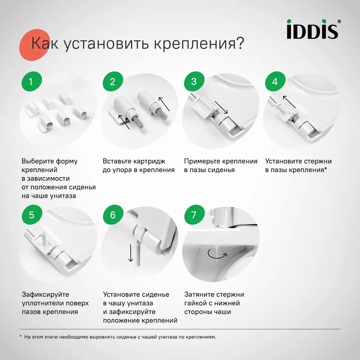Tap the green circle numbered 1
point(31,82)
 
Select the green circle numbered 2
point(112,82)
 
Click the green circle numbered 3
point(194,82)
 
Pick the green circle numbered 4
point(275,82)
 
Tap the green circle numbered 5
point(31,215)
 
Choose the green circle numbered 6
point(112,215)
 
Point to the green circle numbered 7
point(194,215)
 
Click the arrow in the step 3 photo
point(221,107)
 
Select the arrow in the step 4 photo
point(289,102)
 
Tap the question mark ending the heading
point(239,43)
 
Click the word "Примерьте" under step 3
point(202,161)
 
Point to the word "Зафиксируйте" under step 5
point(45,294)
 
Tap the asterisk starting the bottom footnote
point(21,337)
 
